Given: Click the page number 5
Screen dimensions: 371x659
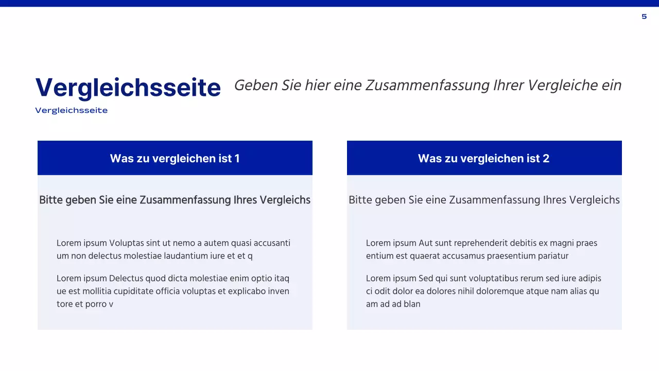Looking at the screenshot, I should (x=644, y=16).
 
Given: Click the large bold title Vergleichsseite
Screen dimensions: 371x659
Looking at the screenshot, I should (x=128, y=88).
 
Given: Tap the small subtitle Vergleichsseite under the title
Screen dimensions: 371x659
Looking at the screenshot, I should (x=71, y=110).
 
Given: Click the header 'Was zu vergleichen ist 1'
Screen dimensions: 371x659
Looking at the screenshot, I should (x=175, y=158).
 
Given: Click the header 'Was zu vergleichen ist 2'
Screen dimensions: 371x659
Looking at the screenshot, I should (x=483, y=158).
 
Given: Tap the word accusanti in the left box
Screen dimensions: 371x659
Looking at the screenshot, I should (x=272, y=243).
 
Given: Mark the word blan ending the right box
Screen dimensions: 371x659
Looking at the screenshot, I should (x=412, y=304).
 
